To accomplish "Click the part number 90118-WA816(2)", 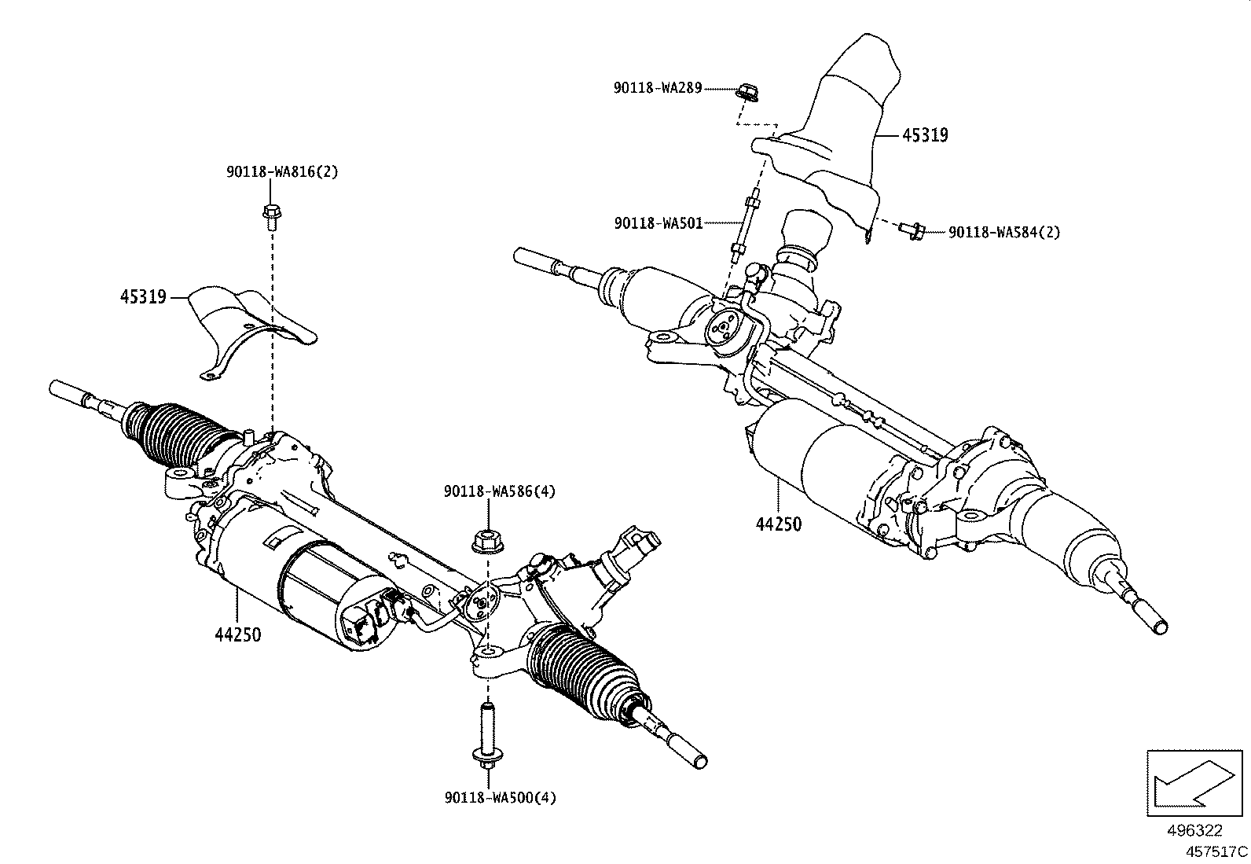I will tap(282, 171).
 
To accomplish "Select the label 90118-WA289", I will tap(657, 89).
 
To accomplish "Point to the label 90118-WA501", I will tap(658, 224).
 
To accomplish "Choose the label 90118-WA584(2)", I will tap(1004, 232).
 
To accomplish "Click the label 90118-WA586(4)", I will tap(499, 491).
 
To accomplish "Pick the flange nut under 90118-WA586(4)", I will tap(486, 542).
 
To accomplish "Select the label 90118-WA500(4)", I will tap(499, 798).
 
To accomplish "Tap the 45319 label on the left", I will tap(143, 297).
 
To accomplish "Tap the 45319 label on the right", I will tap(925, 135).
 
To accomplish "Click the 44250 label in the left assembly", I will tap(237, 634).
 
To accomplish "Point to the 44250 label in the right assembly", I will tap(778, 524).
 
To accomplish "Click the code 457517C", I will tap(1216, 851).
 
